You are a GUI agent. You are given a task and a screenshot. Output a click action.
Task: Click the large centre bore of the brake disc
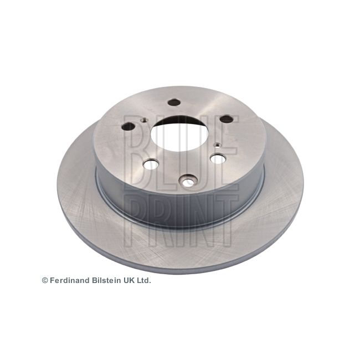tap(179, 133)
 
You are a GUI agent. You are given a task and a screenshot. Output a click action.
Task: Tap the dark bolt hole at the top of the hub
tap(174, 102)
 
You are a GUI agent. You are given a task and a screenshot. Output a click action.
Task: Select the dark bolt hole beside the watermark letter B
tap(128, 127)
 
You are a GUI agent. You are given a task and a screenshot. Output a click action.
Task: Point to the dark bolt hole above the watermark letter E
tap(227, 119)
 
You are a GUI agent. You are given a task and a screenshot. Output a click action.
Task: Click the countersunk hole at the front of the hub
tap(188, 181)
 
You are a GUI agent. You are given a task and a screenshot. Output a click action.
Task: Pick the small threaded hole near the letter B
tap(145, 120)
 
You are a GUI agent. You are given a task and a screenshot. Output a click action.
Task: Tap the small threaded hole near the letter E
tap(217, 145)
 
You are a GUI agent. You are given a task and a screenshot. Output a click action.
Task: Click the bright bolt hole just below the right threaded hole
tap(218, 159)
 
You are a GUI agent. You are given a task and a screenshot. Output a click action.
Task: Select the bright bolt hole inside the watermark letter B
tap(151, 164)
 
